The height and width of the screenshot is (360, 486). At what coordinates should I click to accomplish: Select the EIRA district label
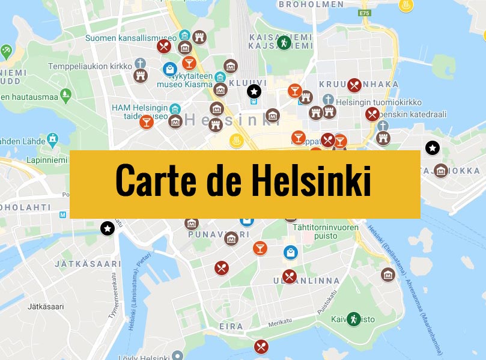coord(231,326)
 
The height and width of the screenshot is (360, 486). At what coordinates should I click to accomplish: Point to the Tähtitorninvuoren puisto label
coord(326,232)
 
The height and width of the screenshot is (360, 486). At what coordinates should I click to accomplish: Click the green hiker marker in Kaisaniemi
coord(284,43)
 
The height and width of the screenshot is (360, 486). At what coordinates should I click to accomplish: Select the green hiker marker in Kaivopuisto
coord(354,319)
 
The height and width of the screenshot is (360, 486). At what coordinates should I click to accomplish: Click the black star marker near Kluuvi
coord(254,91)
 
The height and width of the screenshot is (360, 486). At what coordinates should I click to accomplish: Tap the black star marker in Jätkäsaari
coord(107,228)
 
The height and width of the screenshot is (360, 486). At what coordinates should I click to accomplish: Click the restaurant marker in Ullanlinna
coord(290,276)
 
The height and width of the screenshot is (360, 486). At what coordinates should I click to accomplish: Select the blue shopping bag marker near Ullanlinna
coord(290,252)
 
